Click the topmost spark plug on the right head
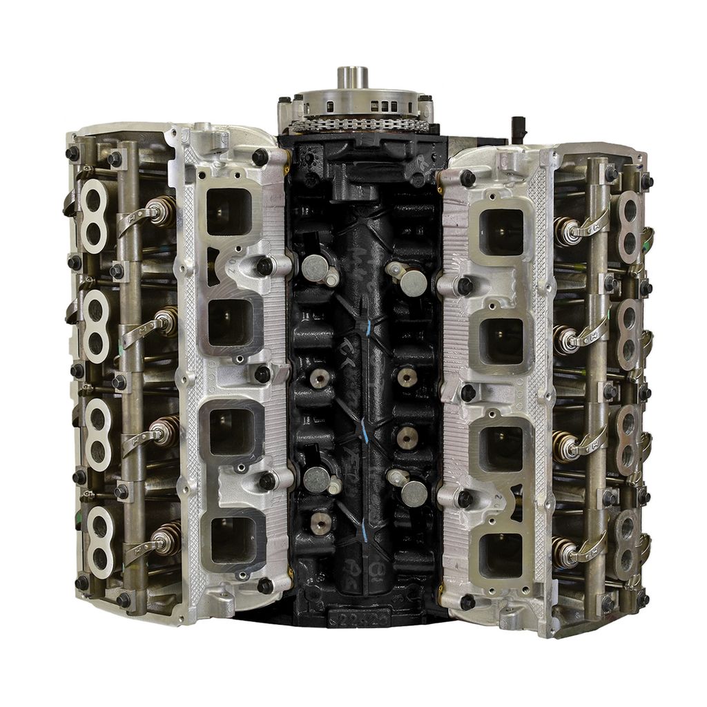pyautogui.click(x=565, y=231)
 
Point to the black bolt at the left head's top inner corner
pyautogui.click(x=260, y=158)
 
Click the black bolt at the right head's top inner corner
pyautogui.click(x=467, y=178)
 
